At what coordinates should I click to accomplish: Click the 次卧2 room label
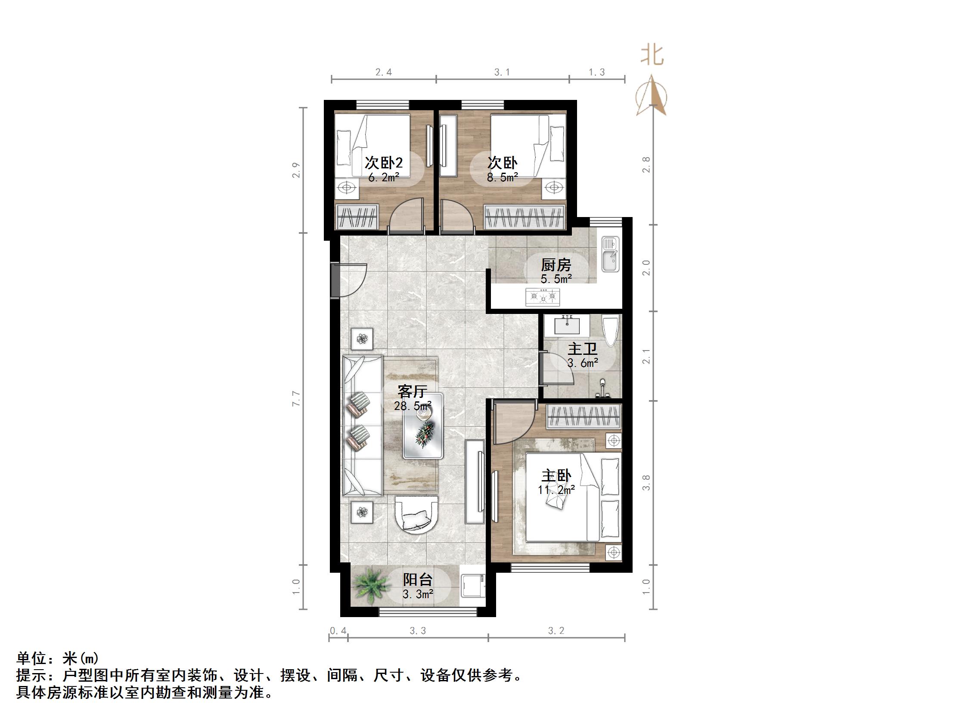click(383, 163)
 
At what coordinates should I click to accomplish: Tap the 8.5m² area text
click(502, 177)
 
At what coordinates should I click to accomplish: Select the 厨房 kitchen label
click(556, 265)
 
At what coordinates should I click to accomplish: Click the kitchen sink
click(610, 255)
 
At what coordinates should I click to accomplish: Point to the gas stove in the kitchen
click(543, 296)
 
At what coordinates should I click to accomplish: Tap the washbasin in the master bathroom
click(567, 325)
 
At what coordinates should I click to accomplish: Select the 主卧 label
click(556, 476)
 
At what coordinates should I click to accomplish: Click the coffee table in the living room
click(423, 426)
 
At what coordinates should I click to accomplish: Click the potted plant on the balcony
click(369, 585)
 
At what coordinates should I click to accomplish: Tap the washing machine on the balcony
click(472, 586)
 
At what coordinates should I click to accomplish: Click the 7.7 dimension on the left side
click(296, 398)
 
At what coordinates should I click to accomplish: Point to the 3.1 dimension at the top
click(502, 72)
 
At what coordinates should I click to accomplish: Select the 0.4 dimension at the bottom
click(338, 630)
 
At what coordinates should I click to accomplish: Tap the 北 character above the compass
click(652, 56)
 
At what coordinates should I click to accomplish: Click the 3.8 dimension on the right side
click(646, 482)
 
